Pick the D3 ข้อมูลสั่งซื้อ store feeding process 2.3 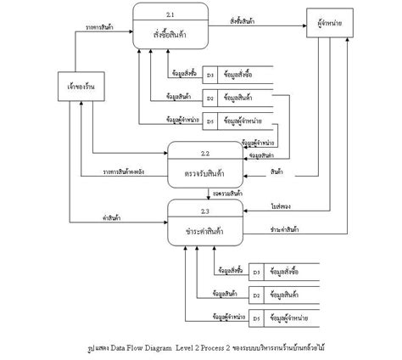[284, 273]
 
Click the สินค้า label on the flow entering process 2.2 [276, 172]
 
